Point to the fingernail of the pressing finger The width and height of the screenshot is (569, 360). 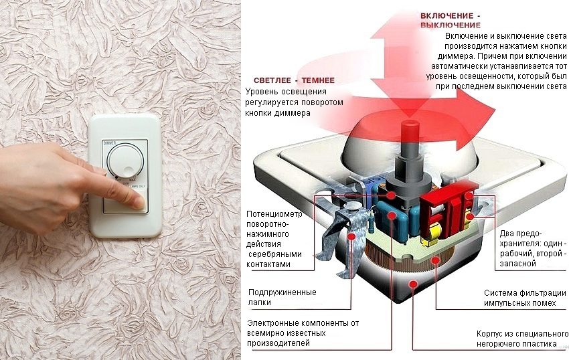(x=139, y=205)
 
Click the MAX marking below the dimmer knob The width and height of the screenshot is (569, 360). (x=133, y=179)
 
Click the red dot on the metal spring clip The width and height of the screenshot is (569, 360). (x=352, y=236)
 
